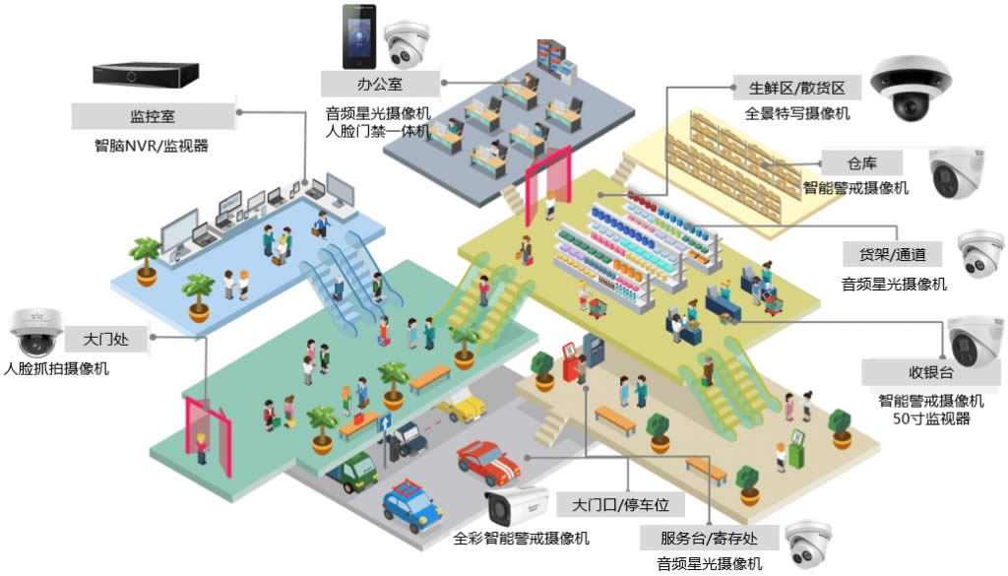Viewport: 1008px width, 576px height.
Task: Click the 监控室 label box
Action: coord(153,115)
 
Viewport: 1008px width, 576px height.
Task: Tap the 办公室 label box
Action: coord(379,83)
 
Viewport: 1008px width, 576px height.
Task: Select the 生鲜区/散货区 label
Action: coord(797,88)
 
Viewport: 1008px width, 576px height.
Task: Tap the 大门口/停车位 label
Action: coord(620,505)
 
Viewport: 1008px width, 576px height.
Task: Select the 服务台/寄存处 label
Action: coord(709,538)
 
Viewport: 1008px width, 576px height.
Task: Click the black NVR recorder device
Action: coord(146,74)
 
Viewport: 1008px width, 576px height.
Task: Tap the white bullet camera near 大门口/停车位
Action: coord(517,506)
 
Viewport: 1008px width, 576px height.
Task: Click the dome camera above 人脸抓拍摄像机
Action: coord(34,334)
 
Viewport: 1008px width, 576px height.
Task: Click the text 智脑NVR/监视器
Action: coord(152,147)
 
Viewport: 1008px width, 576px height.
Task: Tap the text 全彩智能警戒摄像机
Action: coord(522,539)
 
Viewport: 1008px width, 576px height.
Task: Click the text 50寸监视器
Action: coord(930,418)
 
